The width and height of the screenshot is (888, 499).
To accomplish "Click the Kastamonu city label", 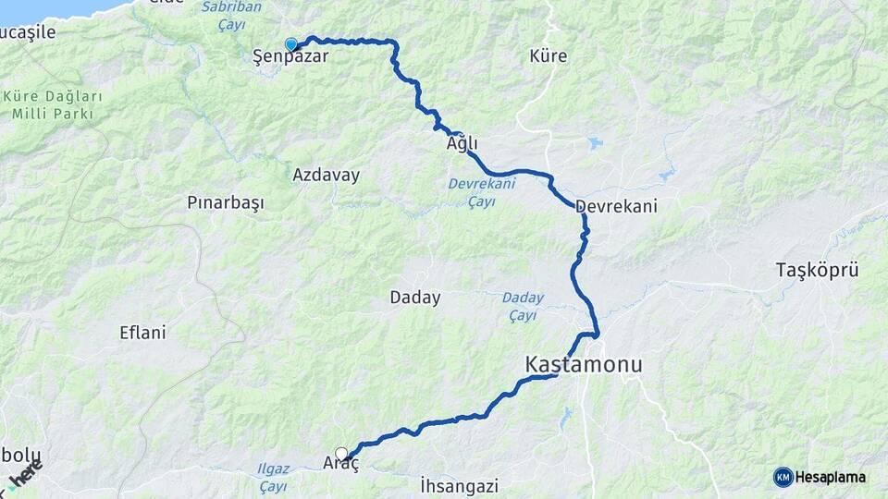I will pos(583,365).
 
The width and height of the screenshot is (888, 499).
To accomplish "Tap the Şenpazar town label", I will pos(290,57).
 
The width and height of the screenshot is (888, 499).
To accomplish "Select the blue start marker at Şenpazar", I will pos(291,44).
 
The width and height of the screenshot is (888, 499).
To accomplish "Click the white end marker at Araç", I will pos(342,454).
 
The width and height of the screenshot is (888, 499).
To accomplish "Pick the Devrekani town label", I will pos(616,206).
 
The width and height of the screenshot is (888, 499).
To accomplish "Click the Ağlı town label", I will pos(462,144).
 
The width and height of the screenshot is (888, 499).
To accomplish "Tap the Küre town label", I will pos(549,57).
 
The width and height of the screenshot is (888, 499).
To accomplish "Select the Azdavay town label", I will pos(326,175).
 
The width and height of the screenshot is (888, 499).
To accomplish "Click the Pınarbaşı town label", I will pos(226,202).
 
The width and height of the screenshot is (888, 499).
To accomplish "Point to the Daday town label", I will pos(415,298).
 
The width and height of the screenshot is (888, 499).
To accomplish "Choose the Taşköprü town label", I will pos(818,271).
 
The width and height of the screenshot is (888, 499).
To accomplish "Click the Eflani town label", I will pos(143,333).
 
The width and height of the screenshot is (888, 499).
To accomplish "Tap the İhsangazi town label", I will pos(459,485).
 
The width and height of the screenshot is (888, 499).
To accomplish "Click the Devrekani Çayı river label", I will pos(479,192).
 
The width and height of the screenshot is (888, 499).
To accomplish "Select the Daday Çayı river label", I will pos(524,307).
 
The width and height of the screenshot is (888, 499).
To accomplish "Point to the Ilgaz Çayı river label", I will pos(273,478).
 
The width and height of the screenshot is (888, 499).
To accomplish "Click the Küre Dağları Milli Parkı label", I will pos(52,104).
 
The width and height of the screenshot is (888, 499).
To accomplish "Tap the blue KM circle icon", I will pos(783,477).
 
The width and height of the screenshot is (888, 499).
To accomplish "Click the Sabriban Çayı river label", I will pos(230,15).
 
